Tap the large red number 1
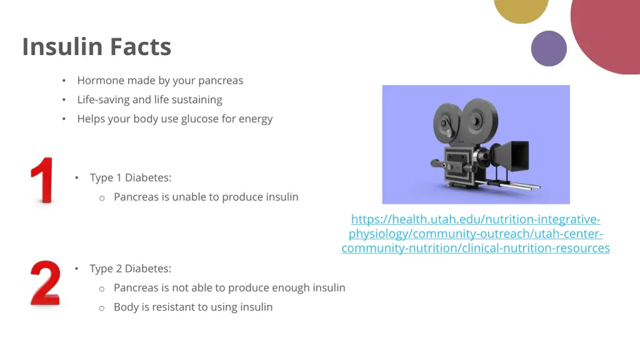[x=43, y=181]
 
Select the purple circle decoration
[x=549, y=49]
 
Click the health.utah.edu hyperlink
[x=476, y=234]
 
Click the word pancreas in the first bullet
[x=221, y=81]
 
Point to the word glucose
[x=201, y=119]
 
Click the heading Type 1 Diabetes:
[x=130, y=177]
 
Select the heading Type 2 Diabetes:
[x=130, y=269]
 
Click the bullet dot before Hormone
[x=64, y=81]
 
